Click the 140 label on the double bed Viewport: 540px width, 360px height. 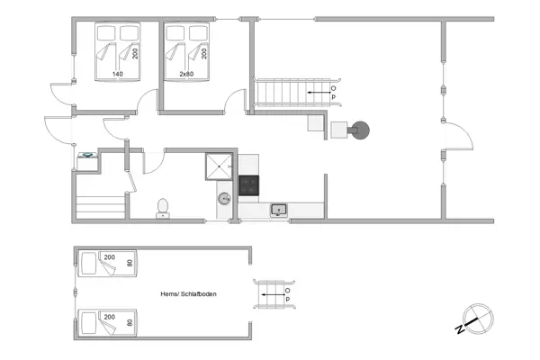point(117,74)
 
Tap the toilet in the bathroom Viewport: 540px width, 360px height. point(163,208)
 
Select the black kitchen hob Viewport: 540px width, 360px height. point(248,186)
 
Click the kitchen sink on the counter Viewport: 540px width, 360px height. point(279,210)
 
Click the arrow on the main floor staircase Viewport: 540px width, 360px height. point(317,92)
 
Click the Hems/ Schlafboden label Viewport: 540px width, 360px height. point(188,293)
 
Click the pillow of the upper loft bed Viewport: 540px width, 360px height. point(88,264)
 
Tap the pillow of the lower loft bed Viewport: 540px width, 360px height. point(88,321)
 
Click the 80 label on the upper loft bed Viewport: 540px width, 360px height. point(130,264)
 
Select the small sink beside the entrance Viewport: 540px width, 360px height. point(88,156)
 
